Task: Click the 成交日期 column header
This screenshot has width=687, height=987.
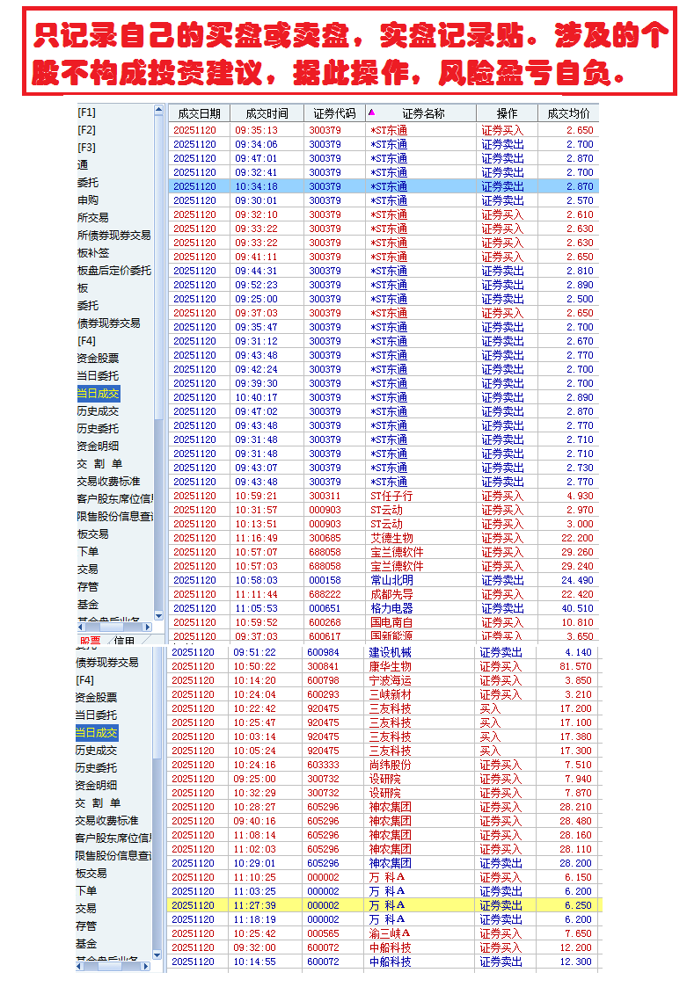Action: [199, 113]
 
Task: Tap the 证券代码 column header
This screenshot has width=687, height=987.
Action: [334, 113]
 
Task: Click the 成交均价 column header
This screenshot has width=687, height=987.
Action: [568, 113]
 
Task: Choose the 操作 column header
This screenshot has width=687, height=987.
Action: [507, 113]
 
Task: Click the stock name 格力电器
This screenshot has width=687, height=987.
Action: [391, 608]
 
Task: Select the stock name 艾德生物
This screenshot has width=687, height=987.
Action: [391, 538]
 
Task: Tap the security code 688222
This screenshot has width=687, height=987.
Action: [325, 594]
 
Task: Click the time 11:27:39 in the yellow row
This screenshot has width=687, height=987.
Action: [254, 905]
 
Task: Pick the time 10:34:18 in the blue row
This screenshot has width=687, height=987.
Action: [256, 186]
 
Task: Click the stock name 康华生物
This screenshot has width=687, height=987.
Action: [390, 666]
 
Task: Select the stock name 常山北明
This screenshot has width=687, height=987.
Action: [391, 580]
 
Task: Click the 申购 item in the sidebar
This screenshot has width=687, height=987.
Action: [88, 200]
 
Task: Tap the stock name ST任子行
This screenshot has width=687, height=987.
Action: [391, 496]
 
